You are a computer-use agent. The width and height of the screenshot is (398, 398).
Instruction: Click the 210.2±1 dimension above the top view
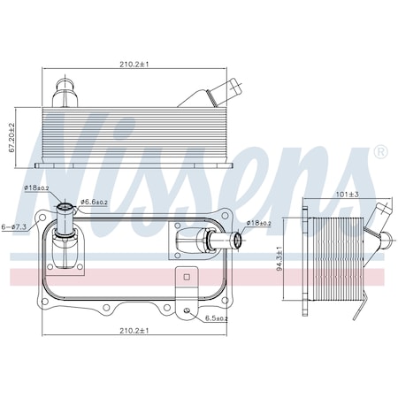[134, 65]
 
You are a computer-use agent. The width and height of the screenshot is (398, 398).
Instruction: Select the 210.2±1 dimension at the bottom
[134, 331]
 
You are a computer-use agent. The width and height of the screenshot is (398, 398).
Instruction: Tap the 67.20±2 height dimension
[12, 138]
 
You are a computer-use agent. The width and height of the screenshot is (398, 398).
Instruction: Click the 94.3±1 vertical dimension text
[279, 258]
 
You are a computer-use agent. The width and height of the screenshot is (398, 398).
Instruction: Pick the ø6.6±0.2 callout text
[94, 202]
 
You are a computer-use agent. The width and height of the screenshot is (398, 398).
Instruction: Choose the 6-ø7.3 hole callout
[14, 226]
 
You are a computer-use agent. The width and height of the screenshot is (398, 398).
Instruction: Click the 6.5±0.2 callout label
[217, 318]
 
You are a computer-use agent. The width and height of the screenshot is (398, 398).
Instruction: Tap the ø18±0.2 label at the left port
[36, 188]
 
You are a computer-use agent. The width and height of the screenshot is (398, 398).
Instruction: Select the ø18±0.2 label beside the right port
[259, 223]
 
